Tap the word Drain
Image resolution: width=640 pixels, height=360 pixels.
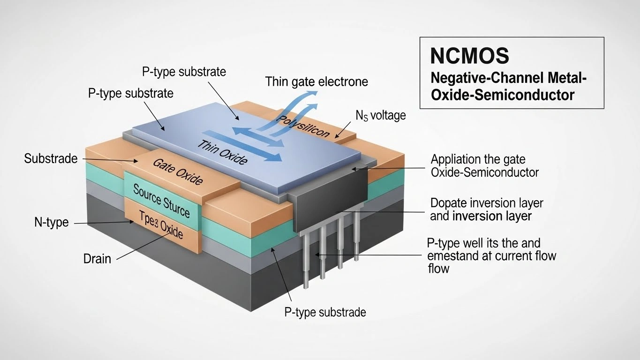tap(97, 258)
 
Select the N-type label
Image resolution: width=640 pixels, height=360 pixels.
tap(52, 222)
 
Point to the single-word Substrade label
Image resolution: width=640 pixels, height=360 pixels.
tap(51, 158)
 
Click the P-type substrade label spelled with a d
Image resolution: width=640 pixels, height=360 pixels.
tap(325, 312)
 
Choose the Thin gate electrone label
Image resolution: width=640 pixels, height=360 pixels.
tap(316, 82)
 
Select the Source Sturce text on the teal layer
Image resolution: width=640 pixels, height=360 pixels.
tap(161, 201)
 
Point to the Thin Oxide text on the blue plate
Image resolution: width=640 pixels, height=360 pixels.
tap(222, 151)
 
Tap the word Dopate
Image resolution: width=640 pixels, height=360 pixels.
tap(449, 203)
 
